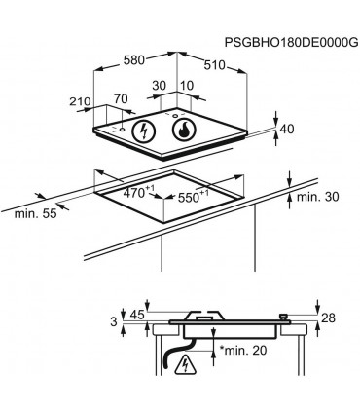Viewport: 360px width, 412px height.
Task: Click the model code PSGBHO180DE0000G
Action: [x=292, y=43]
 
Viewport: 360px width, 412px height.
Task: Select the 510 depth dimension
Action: [x=214, y=65]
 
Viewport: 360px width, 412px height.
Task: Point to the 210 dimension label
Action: [x=80, y=101]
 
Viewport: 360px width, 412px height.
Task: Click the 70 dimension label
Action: [x=121, y=98]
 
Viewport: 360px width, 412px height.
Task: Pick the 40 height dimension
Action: [x=287, y=129]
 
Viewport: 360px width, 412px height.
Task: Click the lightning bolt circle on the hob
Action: [x=143, y=131]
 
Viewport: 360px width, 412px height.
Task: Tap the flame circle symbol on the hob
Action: [x=184, y=131]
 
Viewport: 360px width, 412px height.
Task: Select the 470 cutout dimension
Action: [x=137, y=193]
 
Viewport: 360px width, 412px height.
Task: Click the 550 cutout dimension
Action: [x=193, y=197]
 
